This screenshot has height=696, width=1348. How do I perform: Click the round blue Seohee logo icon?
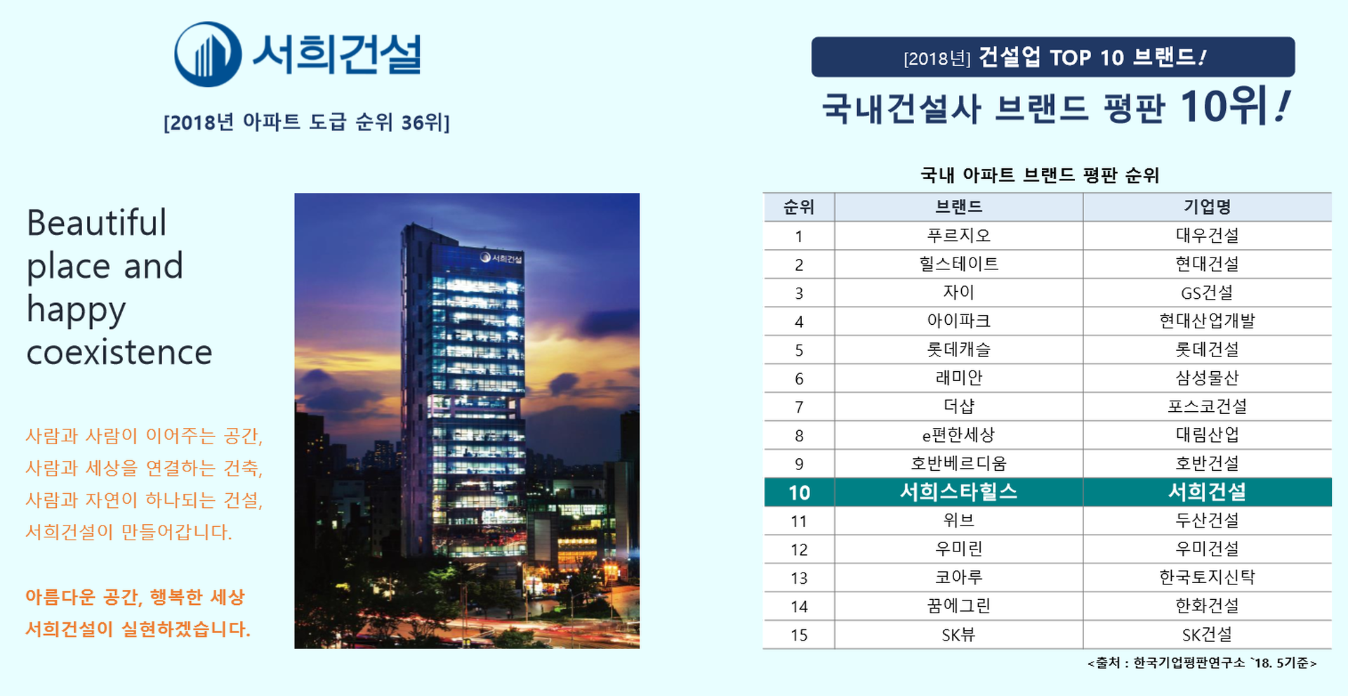[208, 55]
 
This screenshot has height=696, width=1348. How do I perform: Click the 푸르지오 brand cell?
[958, 236]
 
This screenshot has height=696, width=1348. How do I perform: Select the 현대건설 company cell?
[1207, 265]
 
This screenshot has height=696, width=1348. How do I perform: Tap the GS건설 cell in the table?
[1207, 293]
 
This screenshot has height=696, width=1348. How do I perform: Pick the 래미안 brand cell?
[958, 378]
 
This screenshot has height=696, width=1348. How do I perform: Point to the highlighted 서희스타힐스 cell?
[958, 492]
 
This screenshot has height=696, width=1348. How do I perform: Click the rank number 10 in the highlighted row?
[799, 493]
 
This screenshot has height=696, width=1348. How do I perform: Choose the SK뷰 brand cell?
[958, 635]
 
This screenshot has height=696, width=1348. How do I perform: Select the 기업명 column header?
[1207, 207]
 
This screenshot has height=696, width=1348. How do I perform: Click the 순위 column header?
[799, 207]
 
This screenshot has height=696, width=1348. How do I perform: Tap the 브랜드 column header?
[958, 207]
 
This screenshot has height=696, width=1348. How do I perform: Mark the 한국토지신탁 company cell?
[1207, 577]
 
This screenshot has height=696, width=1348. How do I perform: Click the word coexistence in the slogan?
[119, 352]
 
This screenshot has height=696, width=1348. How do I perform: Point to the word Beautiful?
[97, 223]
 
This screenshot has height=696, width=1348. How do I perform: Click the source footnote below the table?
[1202, 663]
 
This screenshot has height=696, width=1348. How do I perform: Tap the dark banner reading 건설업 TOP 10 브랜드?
[1053, 57]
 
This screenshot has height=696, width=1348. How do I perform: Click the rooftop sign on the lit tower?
[501, 257]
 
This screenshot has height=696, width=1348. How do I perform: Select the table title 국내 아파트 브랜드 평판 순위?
[1040, 175]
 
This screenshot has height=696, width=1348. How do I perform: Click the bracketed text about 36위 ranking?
[307, 122]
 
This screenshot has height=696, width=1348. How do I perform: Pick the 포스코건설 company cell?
[1207, 406]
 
